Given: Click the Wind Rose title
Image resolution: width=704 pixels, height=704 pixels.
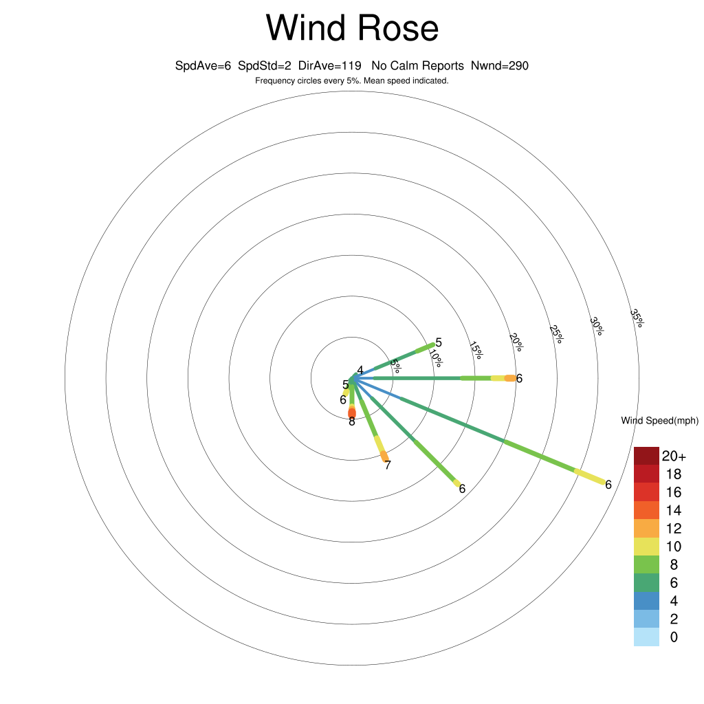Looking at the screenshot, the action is tap(352, 27).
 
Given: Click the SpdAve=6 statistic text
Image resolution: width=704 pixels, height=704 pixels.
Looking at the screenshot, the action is tap(203, 66).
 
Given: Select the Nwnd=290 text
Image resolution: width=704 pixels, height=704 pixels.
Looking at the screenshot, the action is tap(500, 66).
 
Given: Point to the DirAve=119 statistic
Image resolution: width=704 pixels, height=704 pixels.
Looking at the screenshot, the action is tap(329, 66).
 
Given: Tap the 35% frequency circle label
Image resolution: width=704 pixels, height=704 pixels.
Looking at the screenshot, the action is tap(637, 318).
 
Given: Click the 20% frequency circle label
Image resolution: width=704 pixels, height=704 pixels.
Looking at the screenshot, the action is tap(516, 342).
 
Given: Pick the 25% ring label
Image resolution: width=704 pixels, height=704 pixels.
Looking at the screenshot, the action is tap(556, 334).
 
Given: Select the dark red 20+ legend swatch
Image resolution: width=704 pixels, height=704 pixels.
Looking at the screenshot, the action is tap(646, 456).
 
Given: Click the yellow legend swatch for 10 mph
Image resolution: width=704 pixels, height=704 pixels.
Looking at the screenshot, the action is tap(646, 547).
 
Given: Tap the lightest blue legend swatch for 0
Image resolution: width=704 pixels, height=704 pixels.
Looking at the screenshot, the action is tap(646, 637).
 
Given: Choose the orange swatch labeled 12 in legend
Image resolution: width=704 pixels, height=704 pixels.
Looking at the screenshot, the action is tap(646, 528).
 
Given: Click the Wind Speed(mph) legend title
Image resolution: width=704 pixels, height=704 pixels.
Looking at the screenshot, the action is tap(659, 421).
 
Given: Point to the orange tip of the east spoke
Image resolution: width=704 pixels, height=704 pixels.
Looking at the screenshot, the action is tap(510, 379).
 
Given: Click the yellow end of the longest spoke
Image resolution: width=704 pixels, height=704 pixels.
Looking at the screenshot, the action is tap(590, 476).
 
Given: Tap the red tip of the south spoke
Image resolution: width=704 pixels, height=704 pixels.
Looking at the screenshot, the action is tap(352, 412).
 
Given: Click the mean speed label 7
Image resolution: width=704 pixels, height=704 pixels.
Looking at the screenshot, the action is tap(388, 465).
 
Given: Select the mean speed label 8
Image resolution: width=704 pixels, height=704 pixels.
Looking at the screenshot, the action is tap(352, 421).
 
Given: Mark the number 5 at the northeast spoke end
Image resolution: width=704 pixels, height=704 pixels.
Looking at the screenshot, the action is tap(439, 342).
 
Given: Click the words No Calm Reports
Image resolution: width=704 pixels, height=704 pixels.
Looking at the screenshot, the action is tap(417, 66).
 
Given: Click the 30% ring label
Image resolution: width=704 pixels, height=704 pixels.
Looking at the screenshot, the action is tap(597, 326).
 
